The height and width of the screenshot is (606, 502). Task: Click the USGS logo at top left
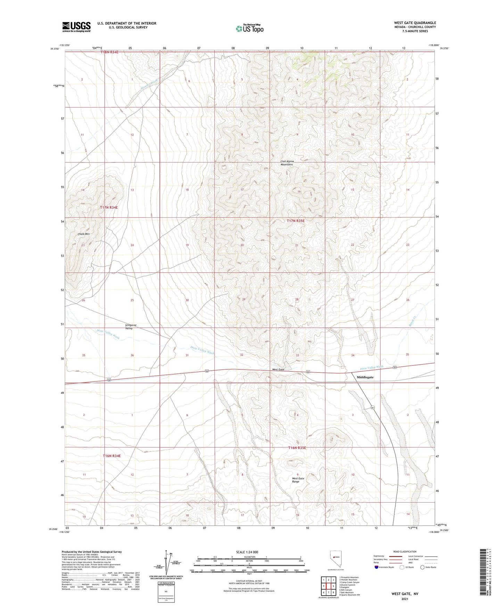point(76,27)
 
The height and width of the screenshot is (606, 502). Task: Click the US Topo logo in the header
point(249,28)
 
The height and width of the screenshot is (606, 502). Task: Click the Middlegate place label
point(365,377)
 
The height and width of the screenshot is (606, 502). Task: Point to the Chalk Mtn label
point(84,234)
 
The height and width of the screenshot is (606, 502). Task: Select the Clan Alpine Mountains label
point(287,163)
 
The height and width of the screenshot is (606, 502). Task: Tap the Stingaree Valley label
point(131,327)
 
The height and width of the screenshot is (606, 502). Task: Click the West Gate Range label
point(298,480)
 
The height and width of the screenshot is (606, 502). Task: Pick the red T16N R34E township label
point(112,456)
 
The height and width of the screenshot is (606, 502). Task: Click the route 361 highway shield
point(373,407)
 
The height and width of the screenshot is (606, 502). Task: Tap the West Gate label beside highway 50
point(278,370)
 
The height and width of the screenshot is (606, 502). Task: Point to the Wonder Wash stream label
point(149,85)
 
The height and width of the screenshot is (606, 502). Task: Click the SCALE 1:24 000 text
point(247,552)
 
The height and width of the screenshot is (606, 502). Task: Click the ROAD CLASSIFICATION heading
point(404,552)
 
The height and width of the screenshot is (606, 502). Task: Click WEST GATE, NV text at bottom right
point(405,594)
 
